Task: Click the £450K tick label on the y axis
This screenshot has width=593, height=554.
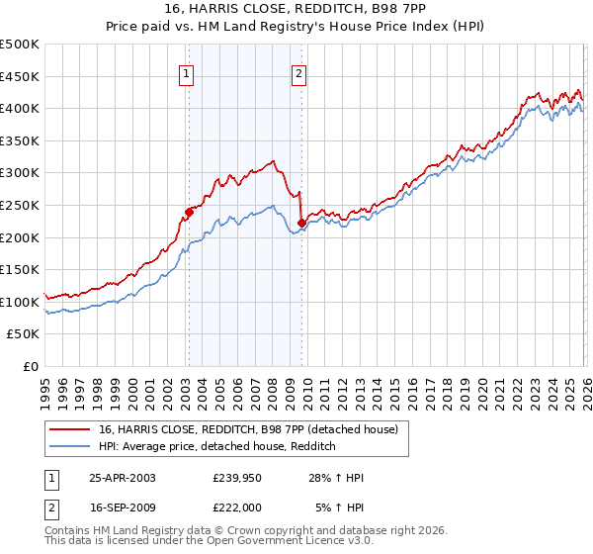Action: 20,77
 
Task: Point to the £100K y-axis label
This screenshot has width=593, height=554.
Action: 20,302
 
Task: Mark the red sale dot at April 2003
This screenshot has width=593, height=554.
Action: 189,212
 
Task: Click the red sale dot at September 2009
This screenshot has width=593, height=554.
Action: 301,223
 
